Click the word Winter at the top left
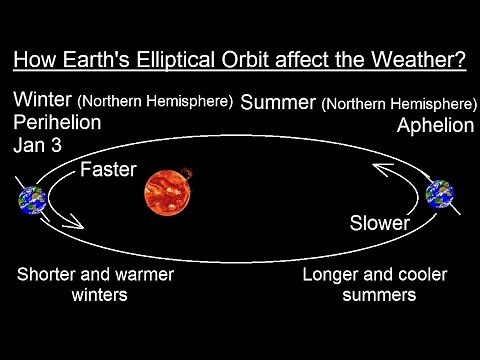pyautogui.click(x=43, y=101)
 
